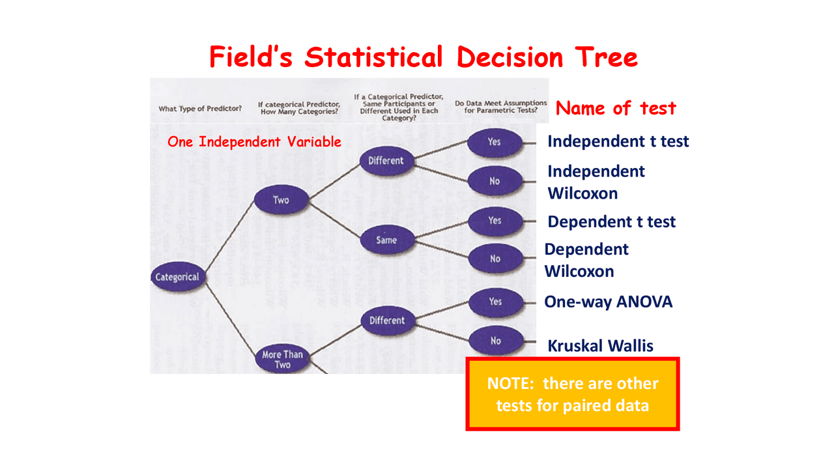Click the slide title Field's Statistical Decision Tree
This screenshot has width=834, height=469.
pyautogui.click(x=423, y=57)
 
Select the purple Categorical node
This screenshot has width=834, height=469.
pyautogui.click(x=177, y=277)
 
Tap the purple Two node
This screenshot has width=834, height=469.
pyautogui.click(x=281, y=200)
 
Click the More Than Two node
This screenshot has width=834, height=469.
pyautogui.click(x=282, y=359)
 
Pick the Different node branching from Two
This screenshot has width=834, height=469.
pyautogui.click(x=386, y=161)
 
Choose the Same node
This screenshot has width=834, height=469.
pyautogui.click(x=386, y=240)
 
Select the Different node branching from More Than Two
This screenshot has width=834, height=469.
pyautogui.click(x=387, y=320)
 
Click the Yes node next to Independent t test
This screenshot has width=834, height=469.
pyautogui.click(x=495, y=141)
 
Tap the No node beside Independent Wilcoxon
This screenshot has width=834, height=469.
pyautogui.click(x=495, y=181)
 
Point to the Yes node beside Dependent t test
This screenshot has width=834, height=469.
pyautogui.click(x=495, y=221)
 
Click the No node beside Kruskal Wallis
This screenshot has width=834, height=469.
pyautogui.click(x=496, y=341)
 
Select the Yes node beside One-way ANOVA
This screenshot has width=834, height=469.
pyautogui.click(x=496, y=302)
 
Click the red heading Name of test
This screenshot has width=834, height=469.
pyautogui.click(x=616, y=107)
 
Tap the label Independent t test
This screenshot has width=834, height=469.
pyautogui.click(x=618, y=141)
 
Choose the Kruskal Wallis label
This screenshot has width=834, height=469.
pyautogui.click(x=600, y=346)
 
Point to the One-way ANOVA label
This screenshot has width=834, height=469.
pyautogui.click(x=608, y=302)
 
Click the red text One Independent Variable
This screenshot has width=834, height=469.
pyautogui.click(x=254, y=142)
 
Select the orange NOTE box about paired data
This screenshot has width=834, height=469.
pyautogui.click(x=573, y=394)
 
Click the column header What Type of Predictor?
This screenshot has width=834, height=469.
pyautogui.click(x=200, y=109)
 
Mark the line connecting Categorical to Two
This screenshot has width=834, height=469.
pyautogui.click(x=229, y=238)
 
